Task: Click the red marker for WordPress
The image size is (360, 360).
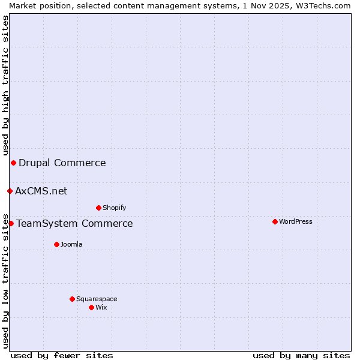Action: click(275, 221)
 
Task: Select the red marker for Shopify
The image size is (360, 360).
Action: click(98, 208)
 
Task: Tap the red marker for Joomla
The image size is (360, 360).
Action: click(56, 244)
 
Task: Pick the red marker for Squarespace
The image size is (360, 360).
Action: click(72, 299)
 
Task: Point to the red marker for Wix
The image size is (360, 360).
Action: click(91, 307)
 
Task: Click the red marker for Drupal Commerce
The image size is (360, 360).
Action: click(13, 163)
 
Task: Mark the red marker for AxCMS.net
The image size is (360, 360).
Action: click(10, 191)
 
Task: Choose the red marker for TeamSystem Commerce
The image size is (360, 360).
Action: click(11, 223)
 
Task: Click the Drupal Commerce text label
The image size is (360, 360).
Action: click(62, 163)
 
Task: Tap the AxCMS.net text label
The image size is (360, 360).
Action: click(41, 191)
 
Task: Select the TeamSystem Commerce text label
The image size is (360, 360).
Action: click(74, 224)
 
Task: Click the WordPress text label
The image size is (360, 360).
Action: click(295, 221)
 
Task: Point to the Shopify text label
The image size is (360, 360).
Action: click(114, 208)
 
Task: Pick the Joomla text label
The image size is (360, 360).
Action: click(71, 244)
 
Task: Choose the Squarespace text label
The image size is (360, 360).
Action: click(97, 299)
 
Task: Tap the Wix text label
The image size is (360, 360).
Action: click(101, 307)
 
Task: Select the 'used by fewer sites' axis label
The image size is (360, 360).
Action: click(62, 355)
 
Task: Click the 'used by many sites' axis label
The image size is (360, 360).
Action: click(301, 355)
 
